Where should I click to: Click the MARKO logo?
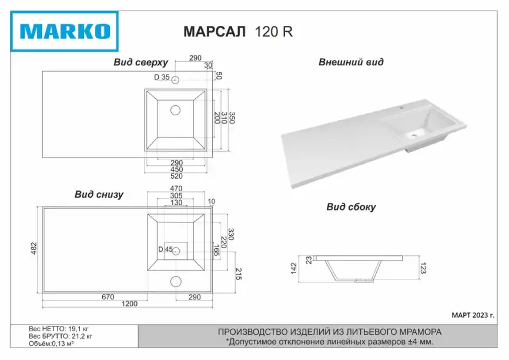pos(64,31)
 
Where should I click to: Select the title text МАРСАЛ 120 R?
pos(238,32)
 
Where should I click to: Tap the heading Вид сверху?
pos(140,62)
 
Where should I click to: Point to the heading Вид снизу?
pos(99,194)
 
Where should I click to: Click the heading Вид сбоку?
pos(351,207)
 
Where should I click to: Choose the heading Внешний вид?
pos(350,62)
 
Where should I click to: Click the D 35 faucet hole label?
pos(162,77)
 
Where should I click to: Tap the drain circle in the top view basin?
pos(175,111)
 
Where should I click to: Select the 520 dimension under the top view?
pos(176,176)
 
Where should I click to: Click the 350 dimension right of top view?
pos(232,118)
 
